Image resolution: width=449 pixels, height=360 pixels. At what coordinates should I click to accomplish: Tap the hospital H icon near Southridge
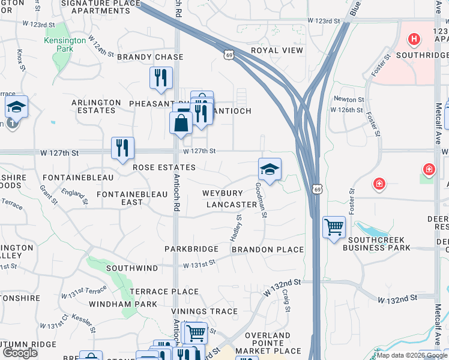[x=413, y=40]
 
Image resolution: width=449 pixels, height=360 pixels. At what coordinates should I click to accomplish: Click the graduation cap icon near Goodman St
[x=270, y=169]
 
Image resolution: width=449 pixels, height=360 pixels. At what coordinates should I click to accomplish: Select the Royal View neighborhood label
[x=277, y=50]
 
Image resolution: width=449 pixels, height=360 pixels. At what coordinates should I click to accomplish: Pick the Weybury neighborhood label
[x=222, y=193]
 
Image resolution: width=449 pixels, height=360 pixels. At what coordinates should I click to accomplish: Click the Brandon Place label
[x=267, y=250]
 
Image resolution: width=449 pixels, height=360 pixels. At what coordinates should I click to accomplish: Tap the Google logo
[x=20, y=352]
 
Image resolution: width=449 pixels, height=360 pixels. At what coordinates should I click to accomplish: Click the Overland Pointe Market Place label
[x=268, y=343]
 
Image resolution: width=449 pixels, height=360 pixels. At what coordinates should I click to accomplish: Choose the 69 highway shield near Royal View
[x=229, y=55]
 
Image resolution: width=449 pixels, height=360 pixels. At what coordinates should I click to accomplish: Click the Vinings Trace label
[x=196, y=311]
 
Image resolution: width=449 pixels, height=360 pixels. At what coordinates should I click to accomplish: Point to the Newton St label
[x=349, y=99]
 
